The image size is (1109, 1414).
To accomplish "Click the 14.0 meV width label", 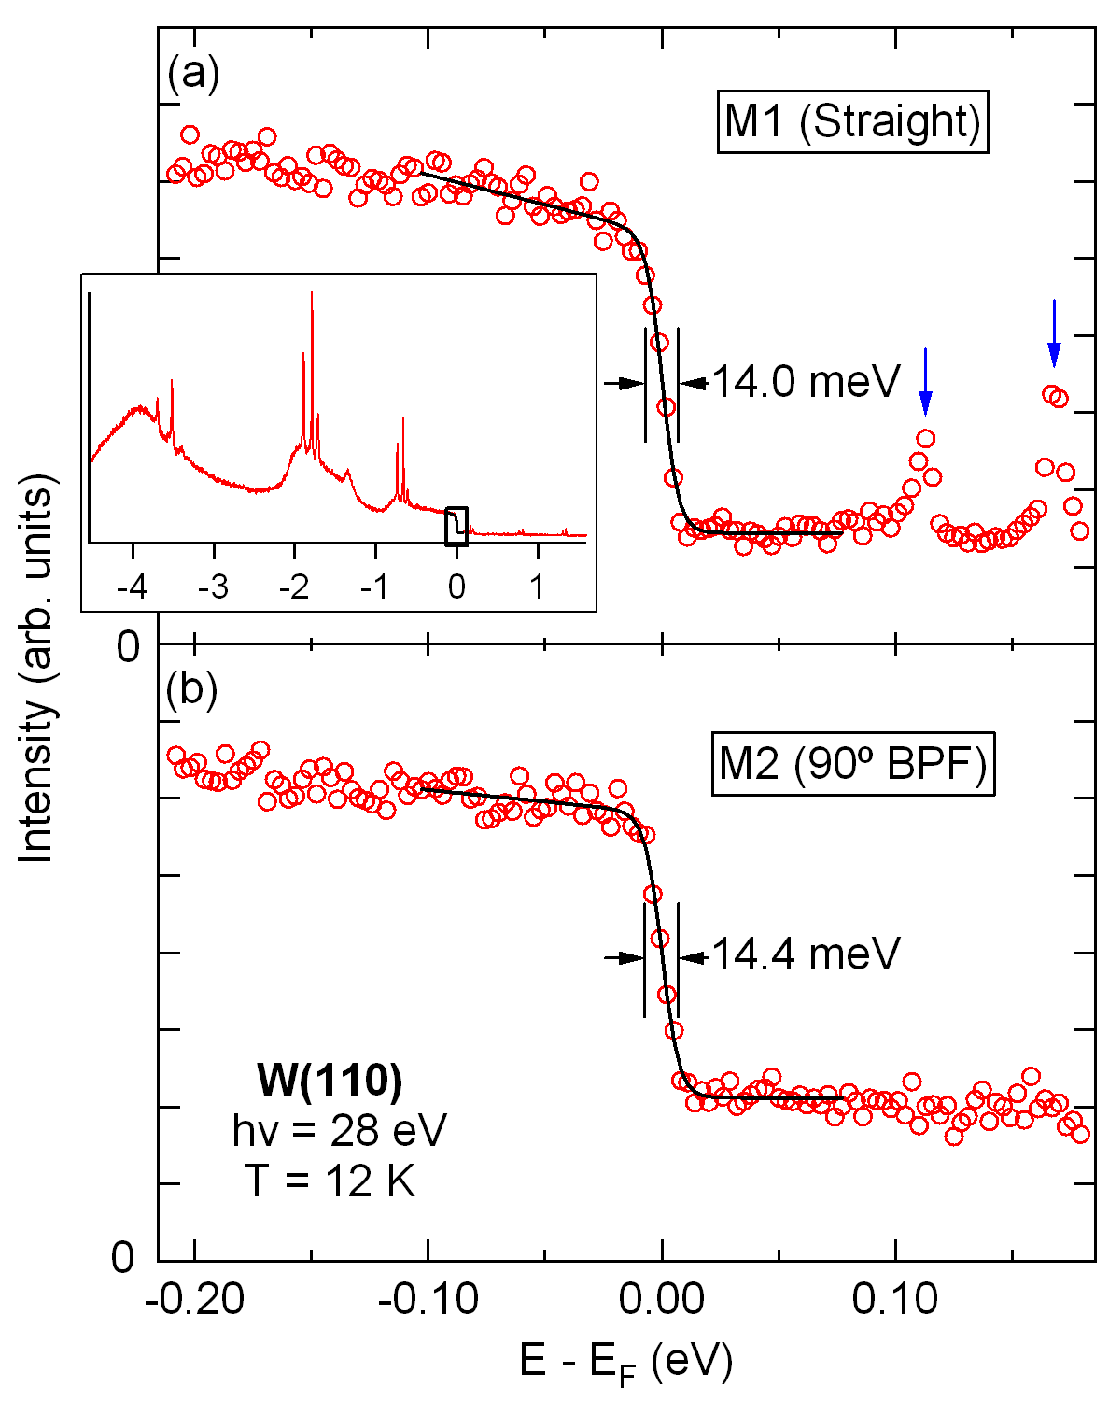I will click(806, 382).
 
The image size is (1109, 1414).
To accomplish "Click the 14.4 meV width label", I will click(806, 954).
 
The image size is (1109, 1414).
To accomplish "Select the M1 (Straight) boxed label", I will click(852, 121).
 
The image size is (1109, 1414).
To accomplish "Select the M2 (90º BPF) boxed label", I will click(852, 766).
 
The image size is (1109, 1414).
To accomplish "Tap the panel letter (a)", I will click(193, 74).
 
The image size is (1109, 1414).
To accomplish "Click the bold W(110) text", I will click(330, 1081).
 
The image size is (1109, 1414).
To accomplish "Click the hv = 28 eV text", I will click(339, 1130).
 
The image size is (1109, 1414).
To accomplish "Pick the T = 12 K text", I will click(330, 1181).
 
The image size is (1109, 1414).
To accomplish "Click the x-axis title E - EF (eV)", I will click(625, 1363).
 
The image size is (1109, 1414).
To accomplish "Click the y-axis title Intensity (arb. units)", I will click(38, 668).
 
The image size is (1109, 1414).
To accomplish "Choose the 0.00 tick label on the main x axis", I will click(662, 1299).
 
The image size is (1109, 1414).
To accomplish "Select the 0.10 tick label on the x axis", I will click(895, 1299).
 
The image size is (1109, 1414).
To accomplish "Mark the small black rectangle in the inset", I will click(456, 526).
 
